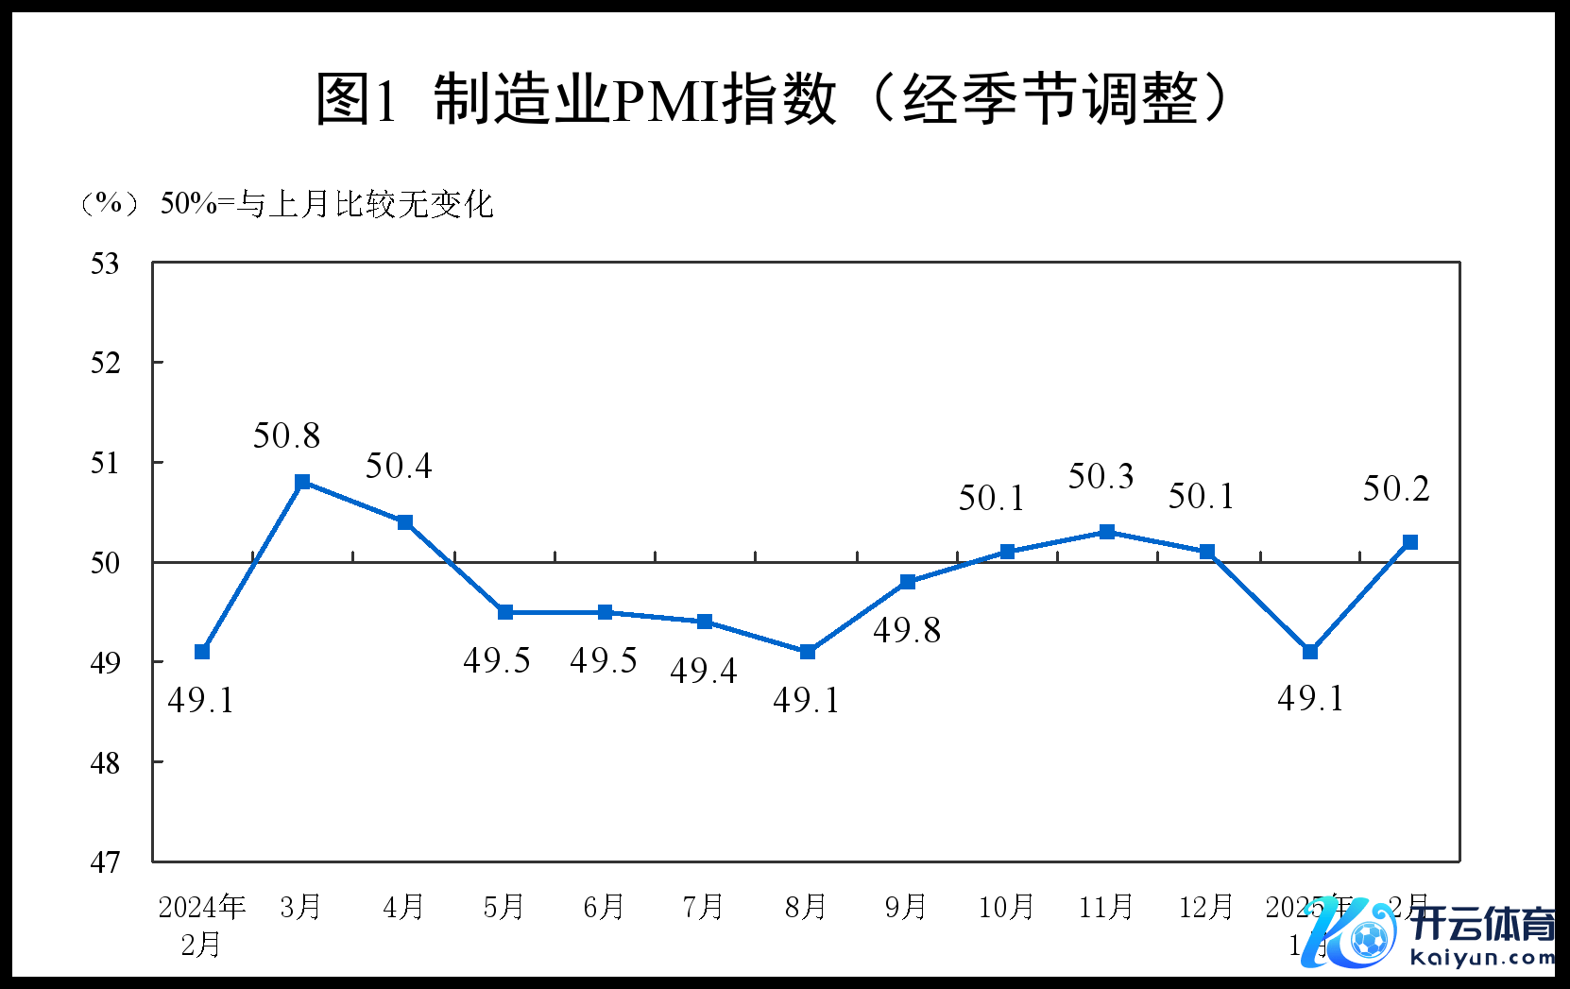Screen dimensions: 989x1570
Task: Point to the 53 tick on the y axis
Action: tap(105, 264)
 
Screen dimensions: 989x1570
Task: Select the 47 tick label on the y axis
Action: tap(105, 861)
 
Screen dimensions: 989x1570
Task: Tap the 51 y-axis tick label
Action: tap(105, 463)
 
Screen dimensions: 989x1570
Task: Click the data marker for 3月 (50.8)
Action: tap(302, 483)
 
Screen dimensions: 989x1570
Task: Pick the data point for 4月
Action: tap(404, 522)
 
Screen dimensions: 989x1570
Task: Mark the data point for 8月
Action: tap(807, 652)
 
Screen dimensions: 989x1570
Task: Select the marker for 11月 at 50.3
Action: tap(1107, 532)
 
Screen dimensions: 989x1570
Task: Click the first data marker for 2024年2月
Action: tap(202, 652)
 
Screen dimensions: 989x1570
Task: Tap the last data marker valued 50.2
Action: tap(1410, 542)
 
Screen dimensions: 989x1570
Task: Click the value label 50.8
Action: tap(286, 435)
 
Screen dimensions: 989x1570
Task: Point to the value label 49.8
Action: tap(907, 630)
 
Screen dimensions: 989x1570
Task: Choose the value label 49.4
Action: tap(704, 671)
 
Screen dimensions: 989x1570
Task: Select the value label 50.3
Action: tap(1101, 476)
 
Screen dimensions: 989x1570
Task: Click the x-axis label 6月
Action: tap(604, 907)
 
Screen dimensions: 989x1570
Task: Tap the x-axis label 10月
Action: tap(1006, 907)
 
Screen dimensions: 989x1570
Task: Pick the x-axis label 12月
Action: tap(1206, 907)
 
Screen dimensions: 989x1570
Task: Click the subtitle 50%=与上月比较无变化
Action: tap(327, 203)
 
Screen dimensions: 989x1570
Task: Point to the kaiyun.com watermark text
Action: tap(1482, 958)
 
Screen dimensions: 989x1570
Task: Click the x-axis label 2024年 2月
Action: tap(201, 925)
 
